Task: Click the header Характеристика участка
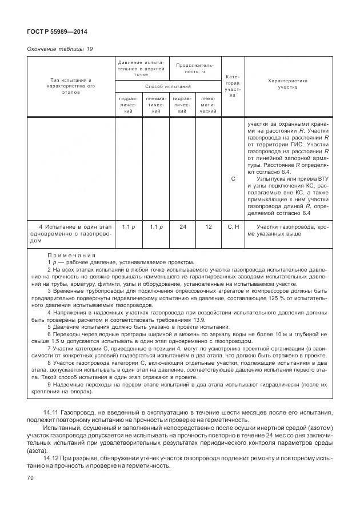click(x=287, y=84)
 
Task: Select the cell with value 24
click(x=183, y=227)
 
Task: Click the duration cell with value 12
click(x=209, y=227)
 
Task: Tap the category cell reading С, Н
click(x=233, y=227)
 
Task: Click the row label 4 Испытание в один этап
click(x=74, y=227)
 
